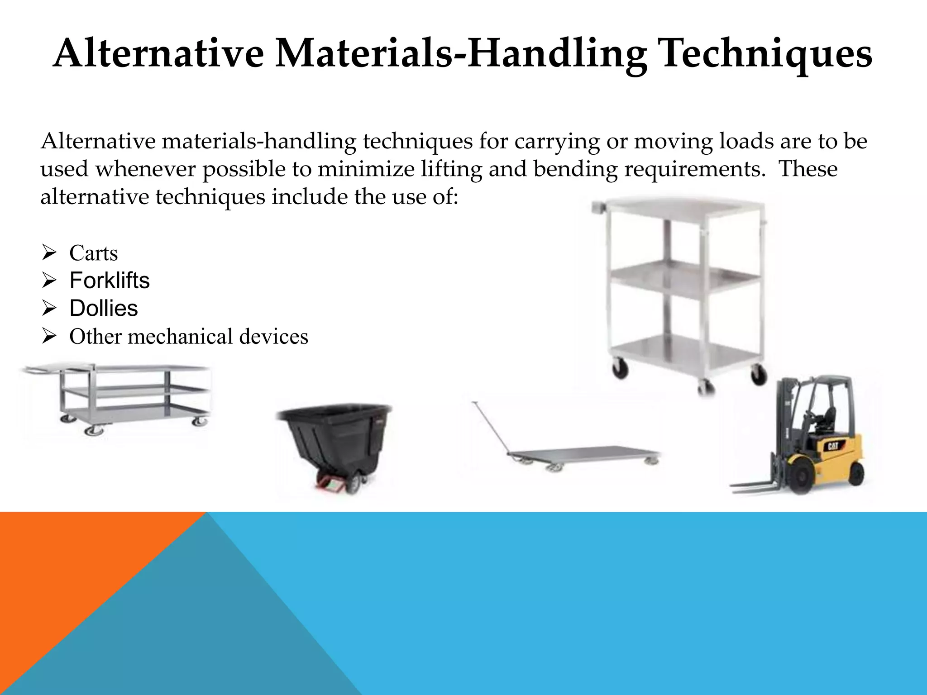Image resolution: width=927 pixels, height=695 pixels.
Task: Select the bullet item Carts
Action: pos(93,253)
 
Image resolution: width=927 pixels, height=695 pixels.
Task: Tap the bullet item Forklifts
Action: pos(109,281)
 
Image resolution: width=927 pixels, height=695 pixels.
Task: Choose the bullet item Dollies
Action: pos(103,309)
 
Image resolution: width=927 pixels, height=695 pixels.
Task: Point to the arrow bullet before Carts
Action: pos(48,252)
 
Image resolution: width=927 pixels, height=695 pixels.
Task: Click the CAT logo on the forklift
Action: pos(833,446)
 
